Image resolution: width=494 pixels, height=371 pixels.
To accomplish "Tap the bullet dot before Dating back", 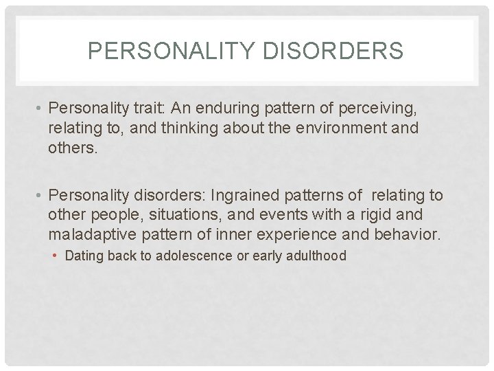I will pyautogui.click(x=58, y=256).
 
